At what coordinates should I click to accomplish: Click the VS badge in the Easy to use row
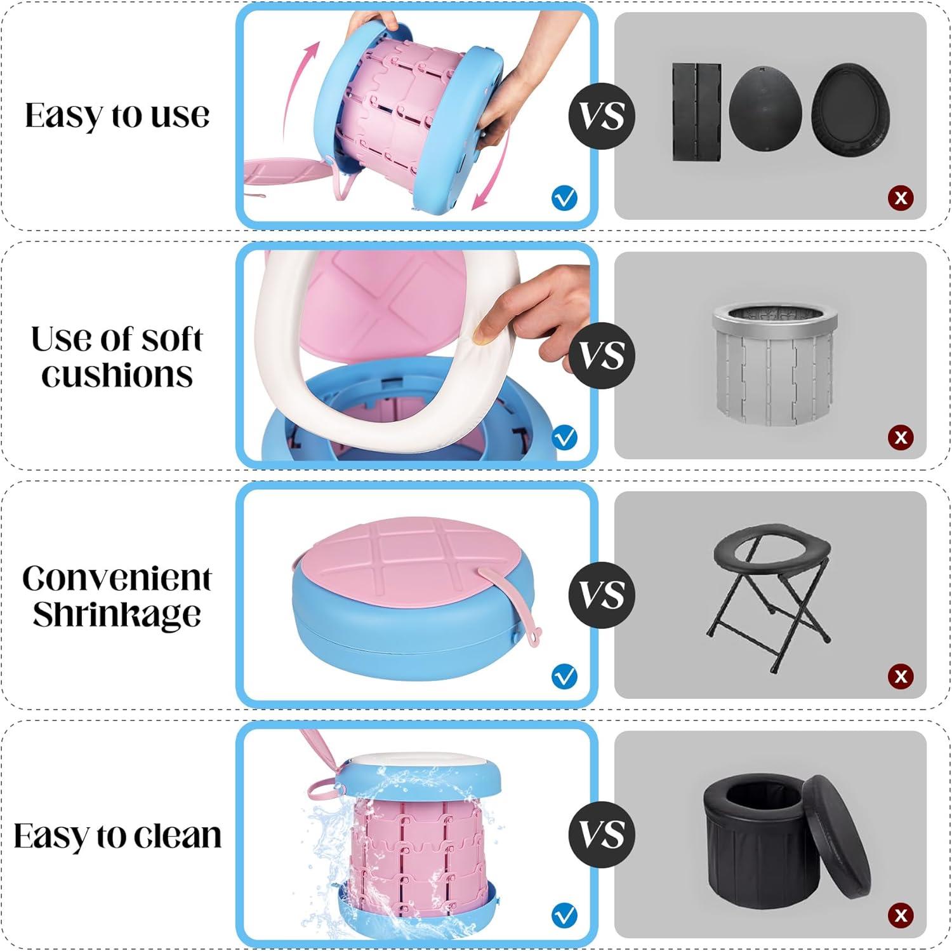pos(602,116)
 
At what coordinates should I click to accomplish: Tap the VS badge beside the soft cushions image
pos(602,355)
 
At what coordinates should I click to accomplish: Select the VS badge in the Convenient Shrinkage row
pos(602,595)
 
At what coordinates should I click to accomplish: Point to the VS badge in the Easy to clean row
pos(602,834)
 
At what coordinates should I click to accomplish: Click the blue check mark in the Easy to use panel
pos(564,198)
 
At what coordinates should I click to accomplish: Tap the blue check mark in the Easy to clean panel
pos(564,915)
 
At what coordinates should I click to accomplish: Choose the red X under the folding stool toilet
pos(901,677)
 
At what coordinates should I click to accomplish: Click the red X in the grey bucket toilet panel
pos(901,437)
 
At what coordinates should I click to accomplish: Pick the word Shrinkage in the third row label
pos(117,614)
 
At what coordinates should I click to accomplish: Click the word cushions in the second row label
pos(117,375)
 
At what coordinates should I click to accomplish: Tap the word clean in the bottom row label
pos(178,835)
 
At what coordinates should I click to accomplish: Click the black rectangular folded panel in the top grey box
pos(697,112)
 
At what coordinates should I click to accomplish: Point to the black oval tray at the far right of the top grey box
pos(850,109)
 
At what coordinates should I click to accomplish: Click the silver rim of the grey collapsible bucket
pos(775,316)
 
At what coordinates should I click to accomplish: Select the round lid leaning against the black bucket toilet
pos(836,835)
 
